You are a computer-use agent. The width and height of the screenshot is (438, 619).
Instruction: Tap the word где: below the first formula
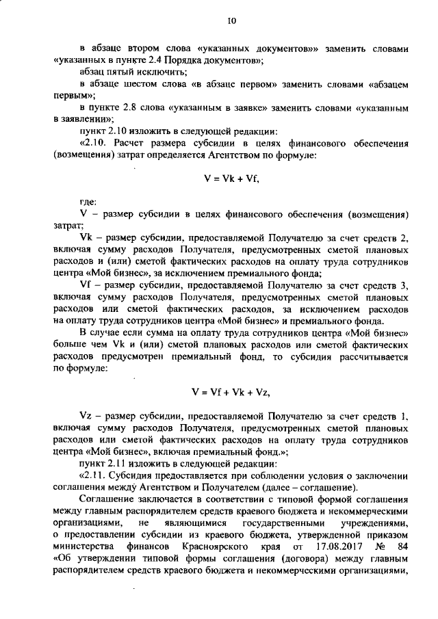pos(88,202)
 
